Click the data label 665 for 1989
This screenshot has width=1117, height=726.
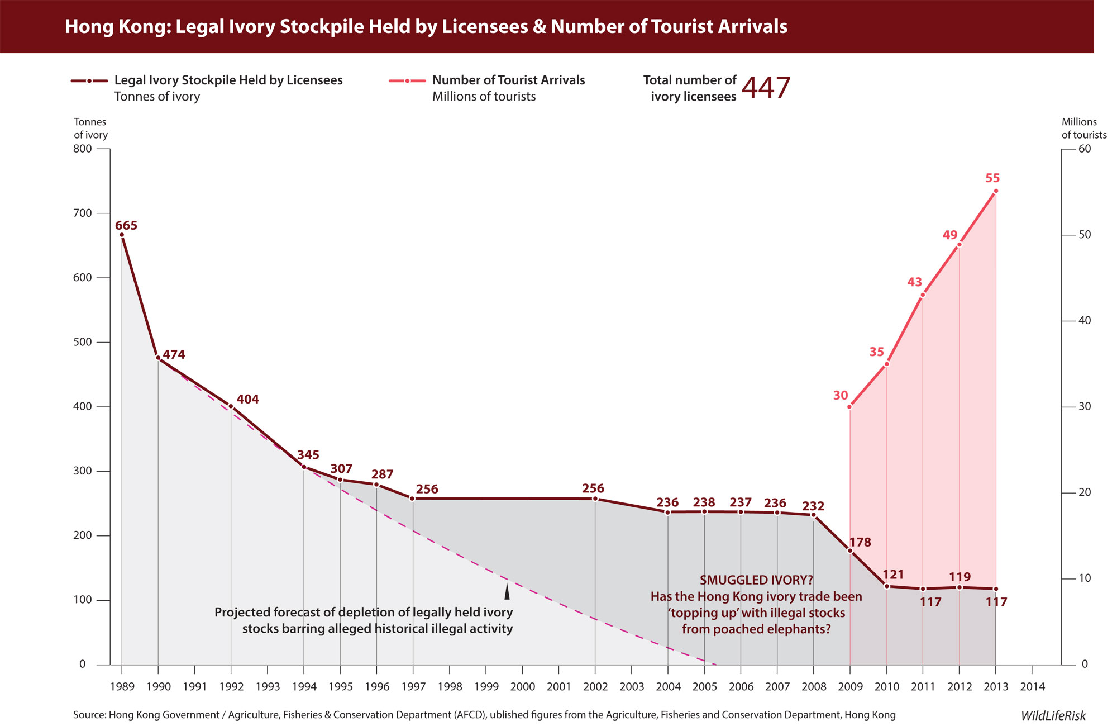point(126,226)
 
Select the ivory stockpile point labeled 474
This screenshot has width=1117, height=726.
point(158,358)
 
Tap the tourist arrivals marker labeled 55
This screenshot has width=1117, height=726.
point(996,191)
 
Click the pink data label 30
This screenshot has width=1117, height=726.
point(841,396)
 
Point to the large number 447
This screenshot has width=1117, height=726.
point(766,88)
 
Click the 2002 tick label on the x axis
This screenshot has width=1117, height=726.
point(595,687)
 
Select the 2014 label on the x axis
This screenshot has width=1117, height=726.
point(1032,687)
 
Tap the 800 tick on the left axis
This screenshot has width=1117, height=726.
point(82,149)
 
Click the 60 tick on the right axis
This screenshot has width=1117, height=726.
point(1085,149)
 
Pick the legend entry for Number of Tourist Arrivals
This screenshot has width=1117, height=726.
point(508,80)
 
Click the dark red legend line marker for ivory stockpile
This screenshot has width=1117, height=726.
point(89,81)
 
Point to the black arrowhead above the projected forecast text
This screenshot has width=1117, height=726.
point(507,591)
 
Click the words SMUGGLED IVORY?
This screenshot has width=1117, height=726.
point(756,580)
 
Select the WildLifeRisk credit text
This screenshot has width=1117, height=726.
point(1053,716)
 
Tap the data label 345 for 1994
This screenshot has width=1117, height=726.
point(308,455)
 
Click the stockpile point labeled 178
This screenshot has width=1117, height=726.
point(850,551)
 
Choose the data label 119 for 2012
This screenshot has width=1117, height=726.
point(960,577)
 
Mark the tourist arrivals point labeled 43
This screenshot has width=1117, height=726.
point(923,295)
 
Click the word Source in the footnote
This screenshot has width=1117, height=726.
point(89,715)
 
